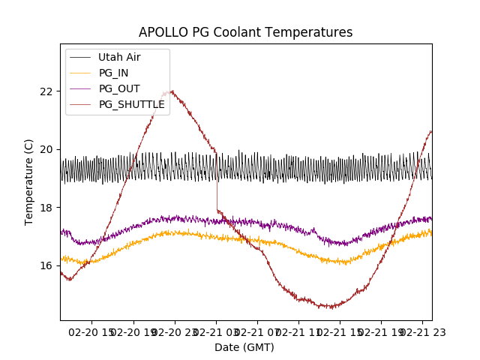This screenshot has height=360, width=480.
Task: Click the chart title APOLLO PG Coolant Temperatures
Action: [245, 32]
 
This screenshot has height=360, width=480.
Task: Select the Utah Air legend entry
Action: [119, 57]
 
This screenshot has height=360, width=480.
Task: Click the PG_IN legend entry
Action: [113, 73]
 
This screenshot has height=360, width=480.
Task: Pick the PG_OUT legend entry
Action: [119, 88]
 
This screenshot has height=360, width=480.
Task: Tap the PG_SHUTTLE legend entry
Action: [131, 104]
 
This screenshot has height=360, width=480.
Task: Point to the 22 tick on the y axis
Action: [47, 91]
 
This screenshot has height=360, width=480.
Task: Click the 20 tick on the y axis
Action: [47, 149]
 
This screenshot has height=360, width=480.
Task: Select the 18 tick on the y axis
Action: [47, 208]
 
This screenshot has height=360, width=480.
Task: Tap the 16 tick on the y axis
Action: [47, 265]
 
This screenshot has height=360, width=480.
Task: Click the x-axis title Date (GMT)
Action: [244, 347]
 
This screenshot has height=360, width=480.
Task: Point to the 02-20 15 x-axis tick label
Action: [93, 331]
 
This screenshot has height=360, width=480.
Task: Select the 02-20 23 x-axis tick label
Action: [175, 331]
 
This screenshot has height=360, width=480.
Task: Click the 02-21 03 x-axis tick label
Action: [216, 331]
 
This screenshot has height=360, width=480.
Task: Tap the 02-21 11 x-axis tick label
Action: [298, 331]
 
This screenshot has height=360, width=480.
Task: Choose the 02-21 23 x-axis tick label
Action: [421, 331]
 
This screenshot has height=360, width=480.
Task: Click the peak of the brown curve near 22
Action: [172, 91]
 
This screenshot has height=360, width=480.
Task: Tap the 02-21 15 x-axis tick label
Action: [340, 331]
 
